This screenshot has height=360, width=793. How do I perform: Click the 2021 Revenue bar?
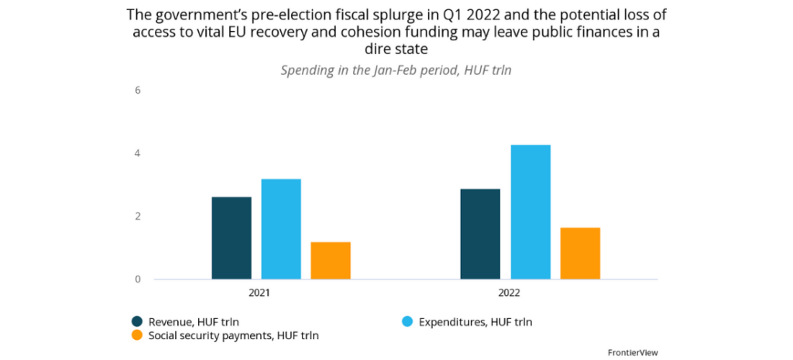232,238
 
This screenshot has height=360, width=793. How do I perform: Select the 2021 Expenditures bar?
281,229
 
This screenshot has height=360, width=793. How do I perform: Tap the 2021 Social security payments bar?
331,260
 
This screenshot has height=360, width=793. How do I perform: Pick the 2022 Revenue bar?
480,234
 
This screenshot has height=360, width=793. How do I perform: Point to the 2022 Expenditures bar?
530,212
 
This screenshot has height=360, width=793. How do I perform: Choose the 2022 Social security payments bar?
580,253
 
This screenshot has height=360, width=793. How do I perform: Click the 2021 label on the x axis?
259,293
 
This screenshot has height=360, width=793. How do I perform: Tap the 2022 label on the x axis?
507,293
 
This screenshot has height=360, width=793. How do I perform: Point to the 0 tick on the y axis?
138,279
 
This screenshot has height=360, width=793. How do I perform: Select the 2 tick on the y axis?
138,217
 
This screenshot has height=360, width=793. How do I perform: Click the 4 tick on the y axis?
138,153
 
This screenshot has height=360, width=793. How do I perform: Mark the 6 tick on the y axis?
138,90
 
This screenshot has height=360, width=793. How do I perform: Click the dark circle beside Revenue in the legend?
137,321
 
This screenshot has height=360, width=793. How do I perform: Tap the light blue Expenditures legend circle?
408,321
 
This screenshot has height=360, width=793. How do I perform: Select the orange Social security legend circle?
137,335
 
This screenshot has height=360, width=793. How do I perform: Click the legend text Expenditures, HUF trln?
475,321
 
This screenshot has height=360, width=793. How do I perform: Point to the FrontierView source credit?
633,352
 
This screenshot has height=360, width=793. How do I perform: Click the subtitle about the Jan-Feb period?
396,70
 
